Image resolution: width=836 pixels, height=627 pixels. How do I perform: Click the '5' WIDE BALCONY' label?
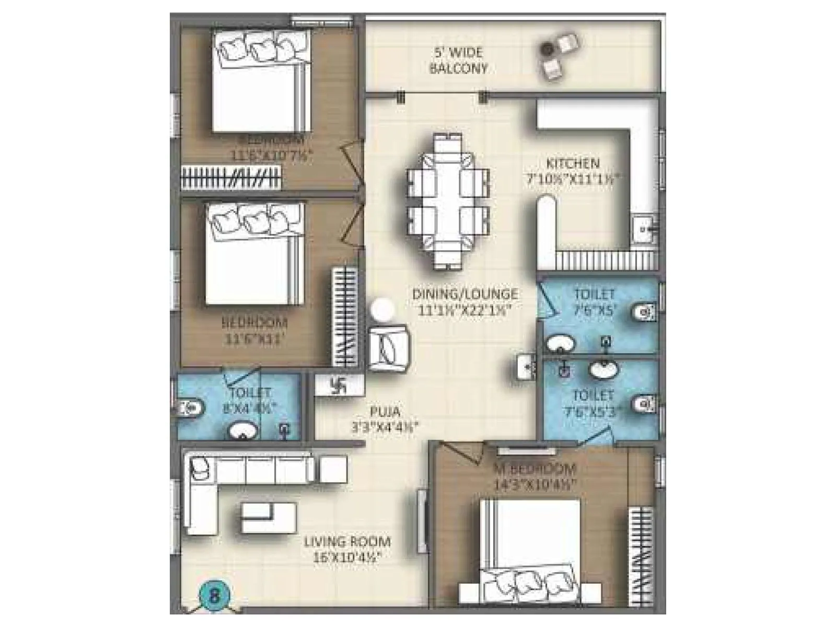tap(458, 61)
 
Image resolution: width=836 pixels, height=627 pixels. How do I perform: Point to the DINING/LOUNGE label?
tap(465, 294)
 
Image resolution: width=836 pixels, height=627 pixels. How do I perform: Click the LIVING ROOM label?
tap(347, 542)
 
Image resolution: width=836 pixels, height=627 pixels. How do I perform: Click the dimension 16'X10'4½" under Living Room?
tap(347, 557)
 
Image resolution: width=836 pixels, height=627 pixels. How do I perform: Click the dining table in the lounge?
tap(448, 201)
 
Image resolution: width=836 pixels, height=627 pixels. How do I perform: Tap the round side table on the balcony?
tap(547, 49)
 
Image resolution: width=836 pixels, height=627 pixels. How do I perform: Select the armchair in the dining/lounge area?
tap(389, 347)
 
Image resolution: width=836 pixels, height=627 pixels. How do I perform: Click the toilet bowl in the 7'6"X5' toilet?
tap(642, 313)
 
